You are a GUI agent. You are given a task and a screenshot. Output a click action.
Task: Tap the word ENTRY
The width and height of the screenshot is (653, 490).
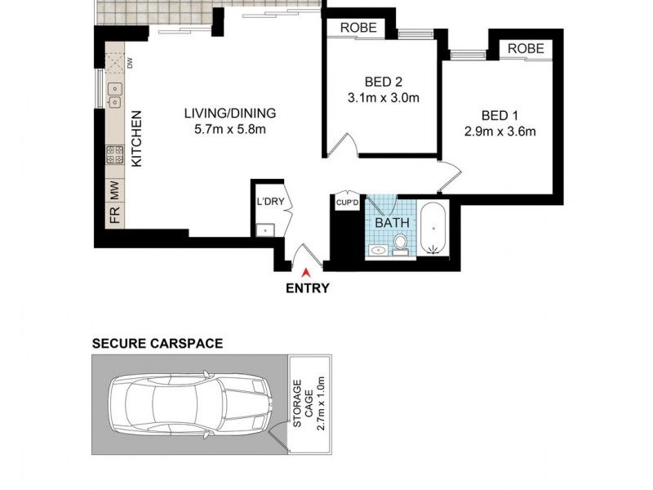(307, 288)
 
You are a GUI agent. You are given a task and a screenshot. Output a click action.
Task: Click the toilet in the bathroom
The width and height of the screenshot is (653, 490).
(400, 243)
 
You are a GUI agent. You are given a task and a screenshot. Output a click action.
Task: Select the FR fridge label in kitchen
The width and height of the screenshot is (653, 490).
(115, 216)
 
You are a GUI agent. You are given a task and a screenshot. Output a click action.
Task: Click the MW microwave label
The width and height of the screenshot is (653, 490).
(115, 191)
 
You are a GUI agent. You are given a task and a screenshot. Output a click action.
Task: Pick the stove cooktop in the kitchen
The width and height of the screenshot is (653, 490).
(114, 155)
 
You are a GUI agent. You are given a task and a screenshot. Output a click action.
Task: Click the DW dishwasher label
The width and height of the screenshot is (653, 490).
(129, 61)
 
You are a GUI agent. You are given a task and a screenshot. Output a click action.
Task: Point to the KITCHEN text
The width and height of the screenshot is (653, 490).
(137, 139)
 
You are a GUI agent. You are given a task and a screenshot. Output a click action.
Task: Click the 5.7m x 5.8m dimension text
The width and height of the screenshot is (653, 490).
(230, 130)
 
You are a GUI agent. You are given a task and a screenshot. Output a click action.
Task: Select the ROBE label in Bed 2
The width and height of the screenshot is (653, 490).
(358, 28)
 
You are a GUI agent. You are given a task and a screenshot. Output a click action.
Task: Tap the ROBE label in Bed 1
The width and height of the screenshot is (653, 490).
(525, 49)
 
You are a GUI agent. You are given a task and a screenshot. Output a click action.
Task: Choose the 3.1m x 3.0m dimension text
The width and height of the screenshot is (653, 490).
(382, 100)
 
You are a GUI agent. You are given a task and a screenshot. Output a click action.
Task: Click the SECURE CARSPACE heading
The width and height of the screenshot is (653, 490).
(157, 344)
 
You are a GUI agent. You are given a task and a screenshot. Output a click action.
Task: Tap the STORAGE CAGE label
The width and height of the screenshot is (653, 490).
(304, 403)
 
